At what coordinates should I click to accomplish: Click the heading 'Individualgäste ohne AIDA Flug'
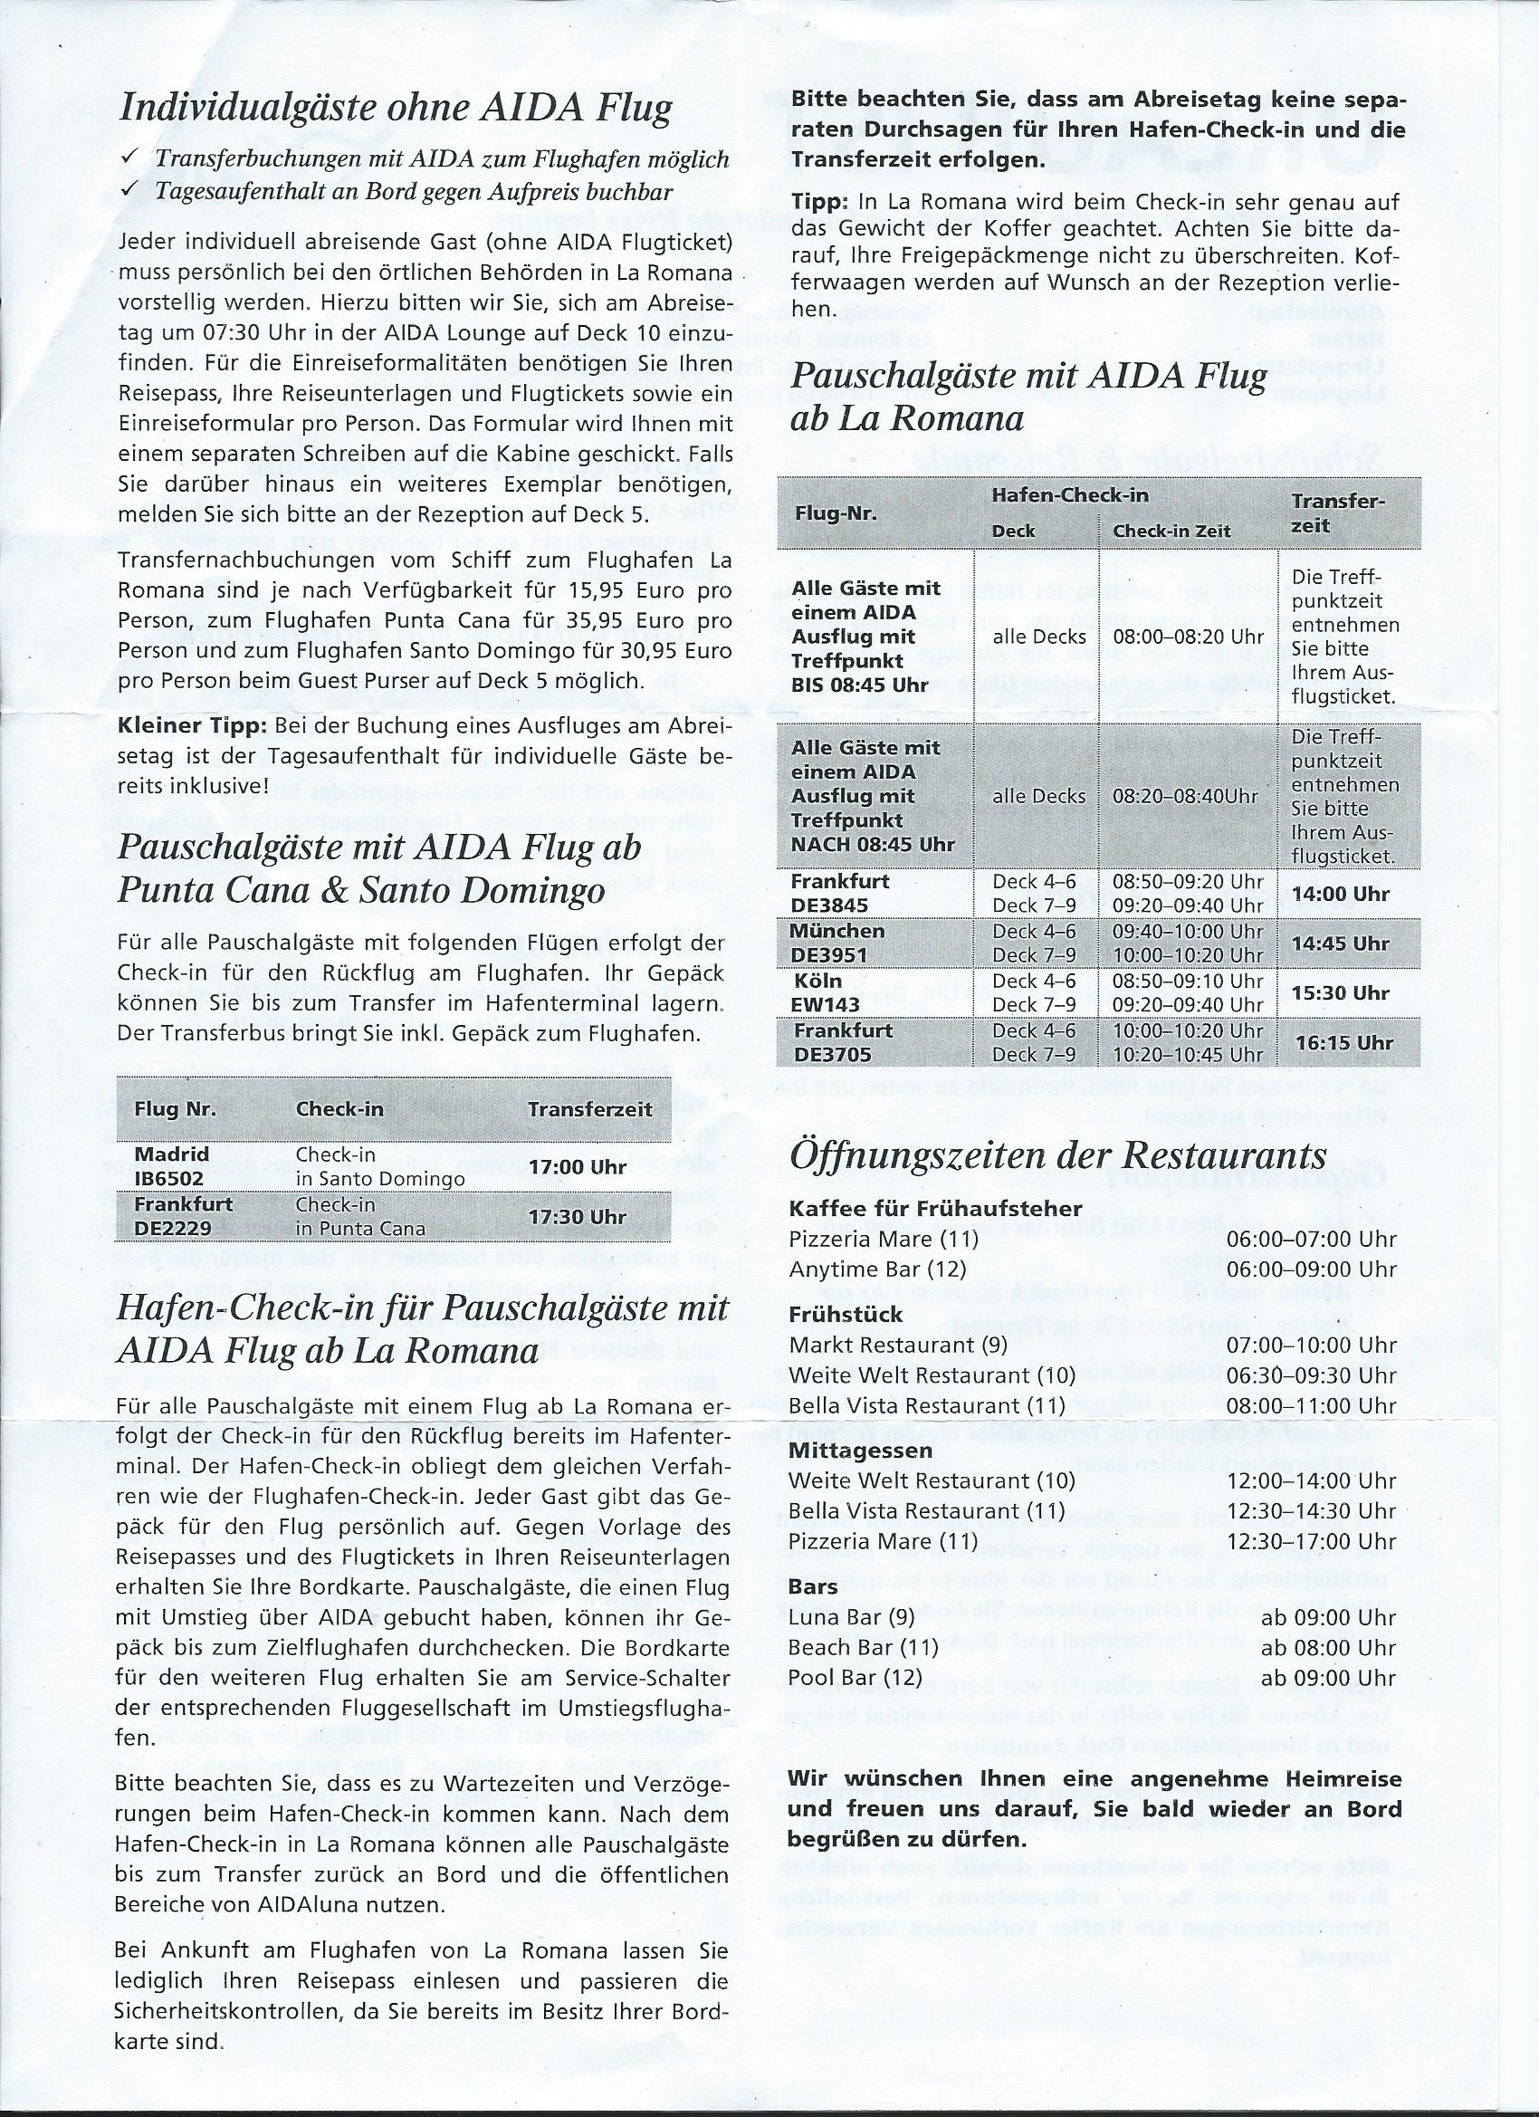tap(395, 110)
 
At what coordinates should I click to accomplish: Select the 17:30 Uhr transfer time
tap(577, 1217)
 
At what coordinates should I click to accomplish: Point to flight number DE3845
tap(829, 905)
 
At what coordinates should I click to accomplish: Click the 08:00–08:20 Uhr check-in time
tap(1189, 637)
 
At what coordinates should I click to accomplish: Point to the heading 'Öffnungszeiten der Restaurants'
tap(1057, 1155)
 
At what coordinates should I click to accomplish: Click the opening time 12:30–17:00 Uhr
tap(1311, 1541)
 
